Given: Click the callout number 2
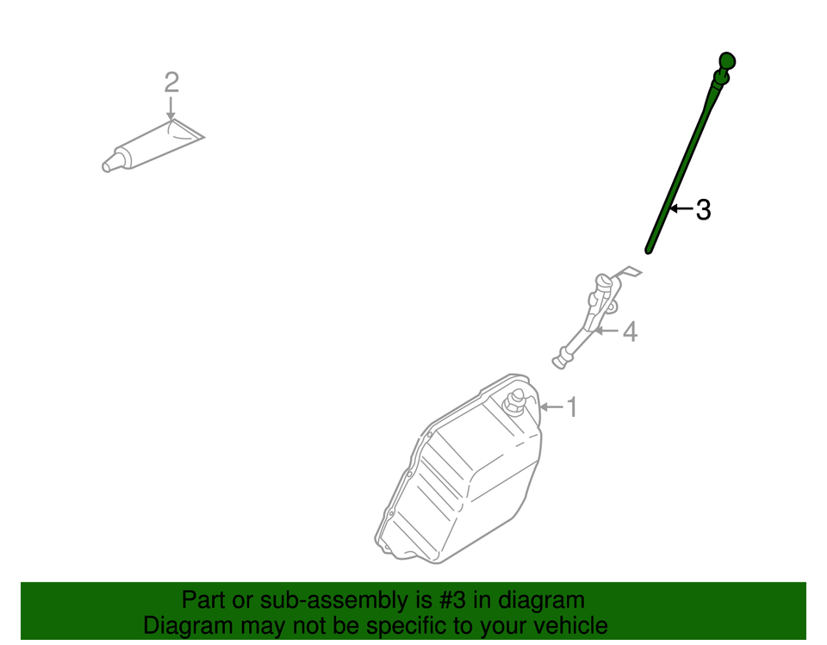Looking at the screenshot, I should (x=171, y=83).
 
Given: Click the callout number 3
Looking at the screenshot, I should (x=703, y=209).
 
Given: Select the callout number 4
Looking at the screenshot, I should (x=630, y=332).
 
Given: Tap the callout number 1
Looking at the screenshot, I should (x=571, y=406).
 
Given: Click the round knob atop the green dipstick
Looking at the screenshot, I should (x=727, y=62).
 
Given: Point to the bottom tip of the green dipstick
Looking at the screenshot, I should (x=649, y=251).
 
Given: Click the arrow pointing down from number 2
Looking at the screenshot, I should (x=171, y=109).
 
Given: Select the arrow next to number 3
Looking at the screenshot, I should (x=681, y=208).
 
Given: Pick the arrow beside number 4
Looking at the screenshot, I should (x=606, y=331).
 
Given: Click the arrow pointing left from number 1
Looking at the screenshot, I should (x=550, y=406).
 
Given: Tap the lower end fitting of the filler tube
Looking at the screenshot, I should (x=562, y=357).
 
